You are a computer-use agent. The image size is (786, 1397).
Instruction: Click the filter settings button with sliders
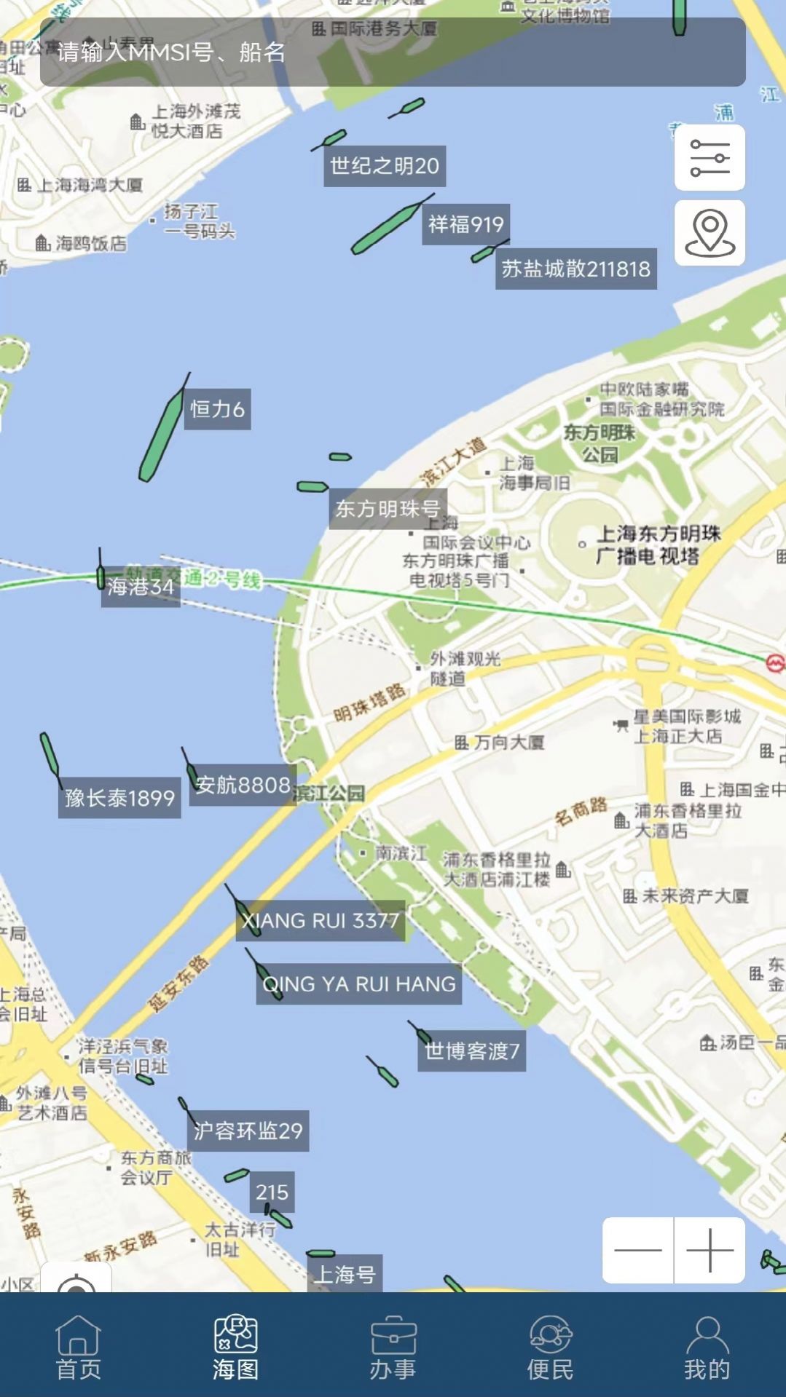710,157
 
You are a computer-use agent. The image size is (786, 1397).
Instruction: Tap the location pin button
710,233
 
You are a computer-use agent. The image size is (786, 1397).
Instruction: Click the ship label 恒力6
217,409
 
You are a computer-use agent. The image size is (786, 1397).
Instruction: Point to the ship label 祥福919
466,224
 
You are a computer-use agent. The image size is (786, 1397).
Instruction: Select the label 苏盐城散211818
575,269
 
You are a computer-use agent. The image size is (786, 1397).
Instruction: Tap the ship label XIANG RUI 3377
321,921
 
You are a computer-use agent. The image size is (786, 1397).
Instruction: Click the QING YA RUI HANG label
359,984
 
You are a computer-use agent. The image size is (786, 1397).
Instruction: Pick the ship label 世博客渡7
471,1051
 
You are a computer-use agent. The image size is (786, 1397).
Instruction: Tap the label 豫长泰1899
119,799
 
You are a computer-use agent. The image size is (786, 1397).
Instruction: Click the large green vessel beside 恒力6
162,437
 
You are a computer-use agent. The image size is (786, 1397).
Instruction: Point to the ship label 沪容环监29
248,1131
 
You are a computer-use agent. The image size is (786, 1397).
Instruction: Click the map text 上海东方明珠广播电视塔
658,545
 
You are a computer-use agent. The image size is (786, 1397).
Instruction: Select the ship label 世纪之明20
385,167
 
